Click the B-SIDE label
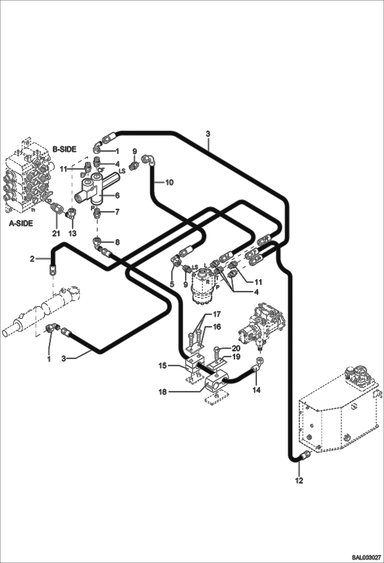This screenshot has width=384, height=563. click(65, 149)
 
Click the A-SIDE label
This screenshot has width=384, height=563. click(21, 224)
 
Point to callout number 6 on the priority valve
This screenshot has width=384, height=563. click(117, 196)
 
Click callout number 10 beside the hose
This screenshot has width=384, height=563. click(169, 182)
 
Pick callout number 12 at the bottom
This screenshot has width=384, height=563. click(299, 480)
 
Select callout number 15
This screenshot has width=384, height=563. click(163, 365)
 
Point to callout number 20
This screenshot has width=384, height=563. click(236, 348)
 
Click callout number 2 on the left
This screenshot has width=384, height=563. click(32, 259)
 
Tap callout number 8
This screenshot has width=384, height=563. click(117, 242)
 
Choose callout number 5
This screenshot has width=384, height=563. click(172, 284)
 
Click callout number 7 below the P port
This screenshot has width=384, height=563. click(117, 212)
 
